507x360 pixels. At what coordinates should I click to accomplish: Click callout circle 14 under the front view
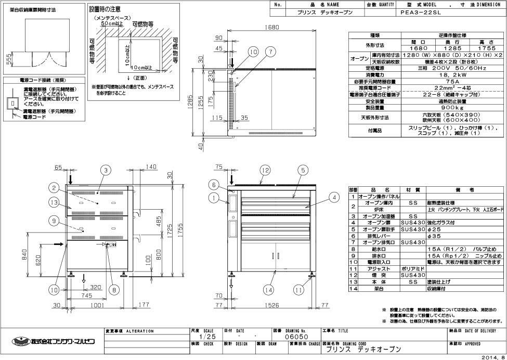(x=269, y=289)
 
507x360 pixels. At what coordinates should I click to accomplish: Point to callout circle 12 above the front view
(x=266, y=170)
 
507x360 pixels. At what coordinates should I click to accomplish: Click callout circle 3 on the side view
(x=105, y=170)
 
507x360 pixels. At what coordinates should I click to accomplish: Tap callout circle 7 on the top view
(x=270, y=51)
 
